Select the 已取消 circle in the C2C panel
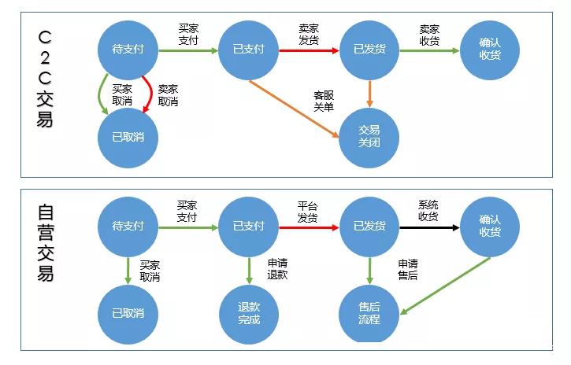(x=128, y=137)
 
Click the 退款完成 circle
(x=248, y=313)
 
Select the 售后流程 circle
(x=369, y=313)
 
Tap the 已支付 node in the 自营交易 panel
(x=248, y=227)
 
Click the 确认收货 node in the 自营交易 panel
(x=489, y=227)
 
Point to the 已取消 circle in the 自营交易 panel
(x=128, y=313)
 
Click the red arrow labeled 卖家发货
(x=308, y=50)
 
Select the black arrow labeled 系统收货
(x=428, y=227)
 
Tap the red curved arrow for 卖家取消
(x=150, y=94)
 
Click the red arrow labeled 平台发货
(x=308, y=227)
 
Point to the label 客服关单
(x=324, y=101)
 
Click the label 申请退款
(x=277, y=268)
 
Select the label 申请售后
(x=407, y=268)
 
